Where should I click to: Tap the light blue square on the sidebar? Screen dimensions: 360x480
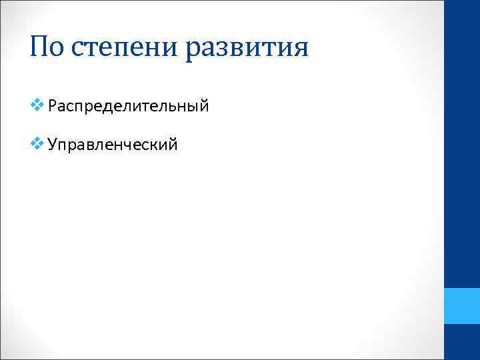462,306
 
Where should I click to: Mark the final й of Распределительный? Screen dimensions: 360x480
205,106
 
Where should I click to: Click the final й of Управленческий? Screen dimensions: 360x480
173,143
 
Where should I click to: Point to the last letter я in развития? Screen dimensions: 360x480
301,50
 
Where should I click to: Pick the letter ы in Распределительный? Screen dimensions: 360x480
194,107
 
